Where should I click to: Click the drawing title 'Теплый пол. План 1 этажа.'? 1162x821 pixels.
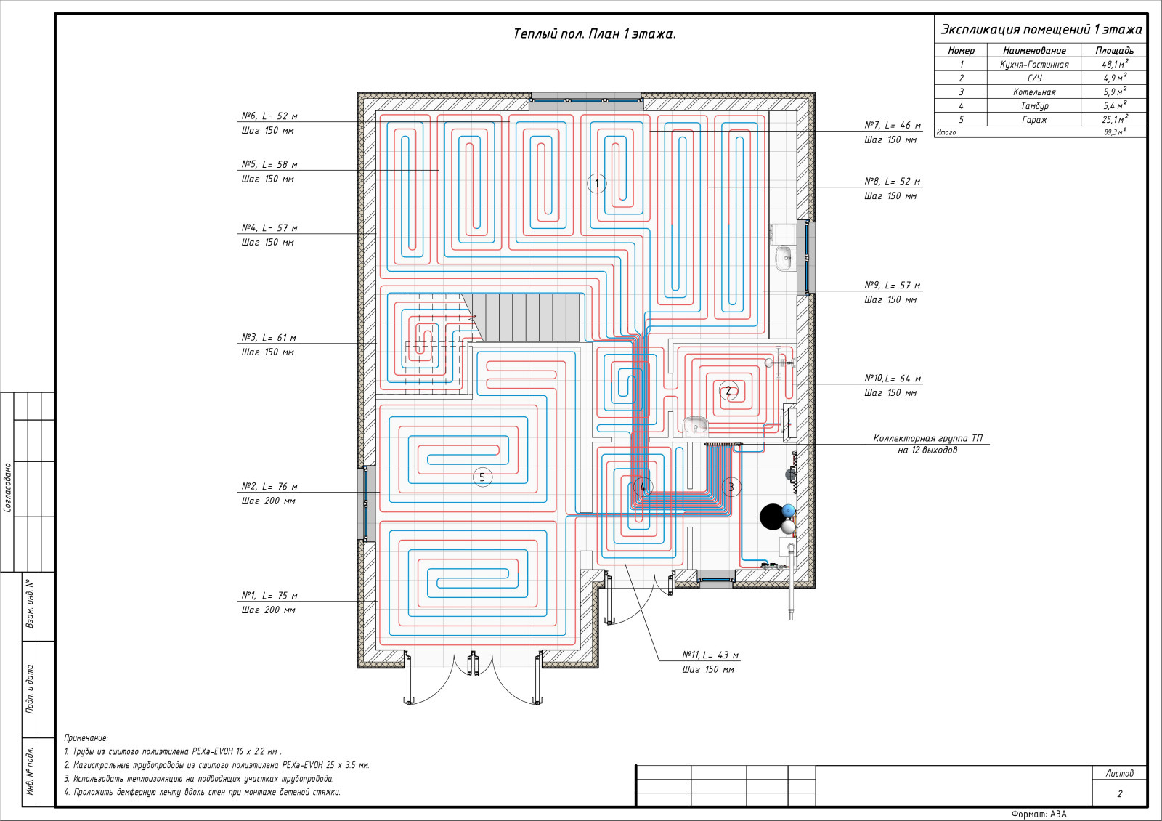click(x=595, y=34)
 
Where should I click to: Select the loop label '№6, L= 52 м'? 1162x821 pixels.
click(x=269, y=116)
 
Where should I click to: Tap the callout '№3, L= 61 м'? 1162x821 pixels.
click(x=269, y=338)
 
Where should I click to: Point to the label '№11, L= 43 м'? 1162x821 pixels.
click(x=710, y=655)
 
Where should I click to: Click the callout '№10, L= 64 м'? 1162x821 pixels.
click(x=893, y=379)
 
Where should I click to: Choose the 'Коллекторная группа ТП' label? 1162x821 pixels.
click(x=927, y=439)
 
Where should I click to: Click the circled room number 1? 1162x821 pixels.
click(x=596, y=183)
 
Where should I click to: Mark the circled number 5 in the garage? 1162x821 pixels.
click(x=482, y=477)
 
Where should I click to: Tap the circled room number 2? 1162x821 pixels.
click(x=728, y=391)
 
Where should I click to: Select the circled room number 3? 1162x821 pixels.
click(x=731, y=487)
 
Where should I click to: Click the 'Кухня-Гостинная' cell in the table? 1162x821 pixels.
click(x=1034, y=65)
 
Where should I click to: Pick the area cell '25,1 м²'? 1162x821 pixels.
click(x=1115, y=119)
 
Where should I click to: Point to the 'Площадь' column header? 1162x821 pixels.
click(x=1114, y=50)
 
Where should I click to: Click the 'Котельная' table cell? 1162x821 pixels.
click(x=1034, y=92)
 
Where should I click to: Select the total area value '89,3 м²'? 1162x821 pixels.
click(x=1115, y=132)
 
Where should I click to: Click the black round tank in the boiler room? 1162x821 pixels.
click(x=773, y=517)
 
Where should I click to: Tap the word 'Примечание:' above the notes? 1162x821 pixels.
click(x=86, y=737)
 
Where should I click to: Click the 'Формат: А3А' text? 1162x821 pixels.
click(x=1039, y=814)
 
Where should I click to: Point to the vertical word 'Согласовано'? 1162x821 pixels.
click(x=8, y=488)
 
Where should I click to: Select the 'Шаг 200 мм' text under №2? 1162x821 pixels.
click(x=268, y=501)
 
